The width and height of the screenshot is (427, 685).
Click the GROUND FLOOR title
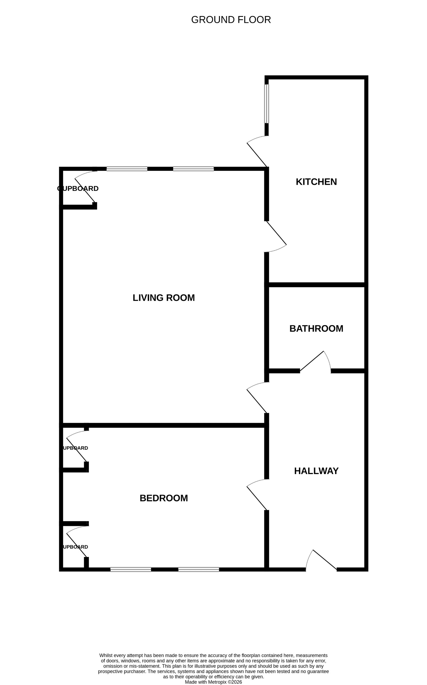[231, 20]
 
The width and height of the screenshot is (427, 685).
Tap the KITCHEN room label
[316, 182]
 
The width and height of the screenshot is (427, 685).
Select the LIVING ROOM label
[163, 298]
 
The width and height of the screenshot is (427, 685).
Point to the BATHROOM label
[316, 329]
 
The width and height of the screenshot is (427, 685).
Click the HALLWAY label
[316, 471]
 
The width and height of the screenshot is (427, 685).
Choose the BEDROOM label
[163, 498]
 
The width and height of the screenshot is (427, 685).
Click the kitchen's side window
[266, 104]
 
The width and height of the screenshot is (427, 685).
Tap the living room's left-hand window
[127, 169]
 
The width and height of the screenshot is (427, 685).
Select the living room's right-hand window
[193, 169]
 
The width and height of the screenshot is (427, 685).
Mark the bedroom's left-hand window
[131, 569]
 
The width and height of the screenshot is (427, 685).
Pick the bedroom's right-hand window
[199, 569]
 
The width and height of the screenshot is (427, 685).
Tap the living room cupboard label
[78, 189]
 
